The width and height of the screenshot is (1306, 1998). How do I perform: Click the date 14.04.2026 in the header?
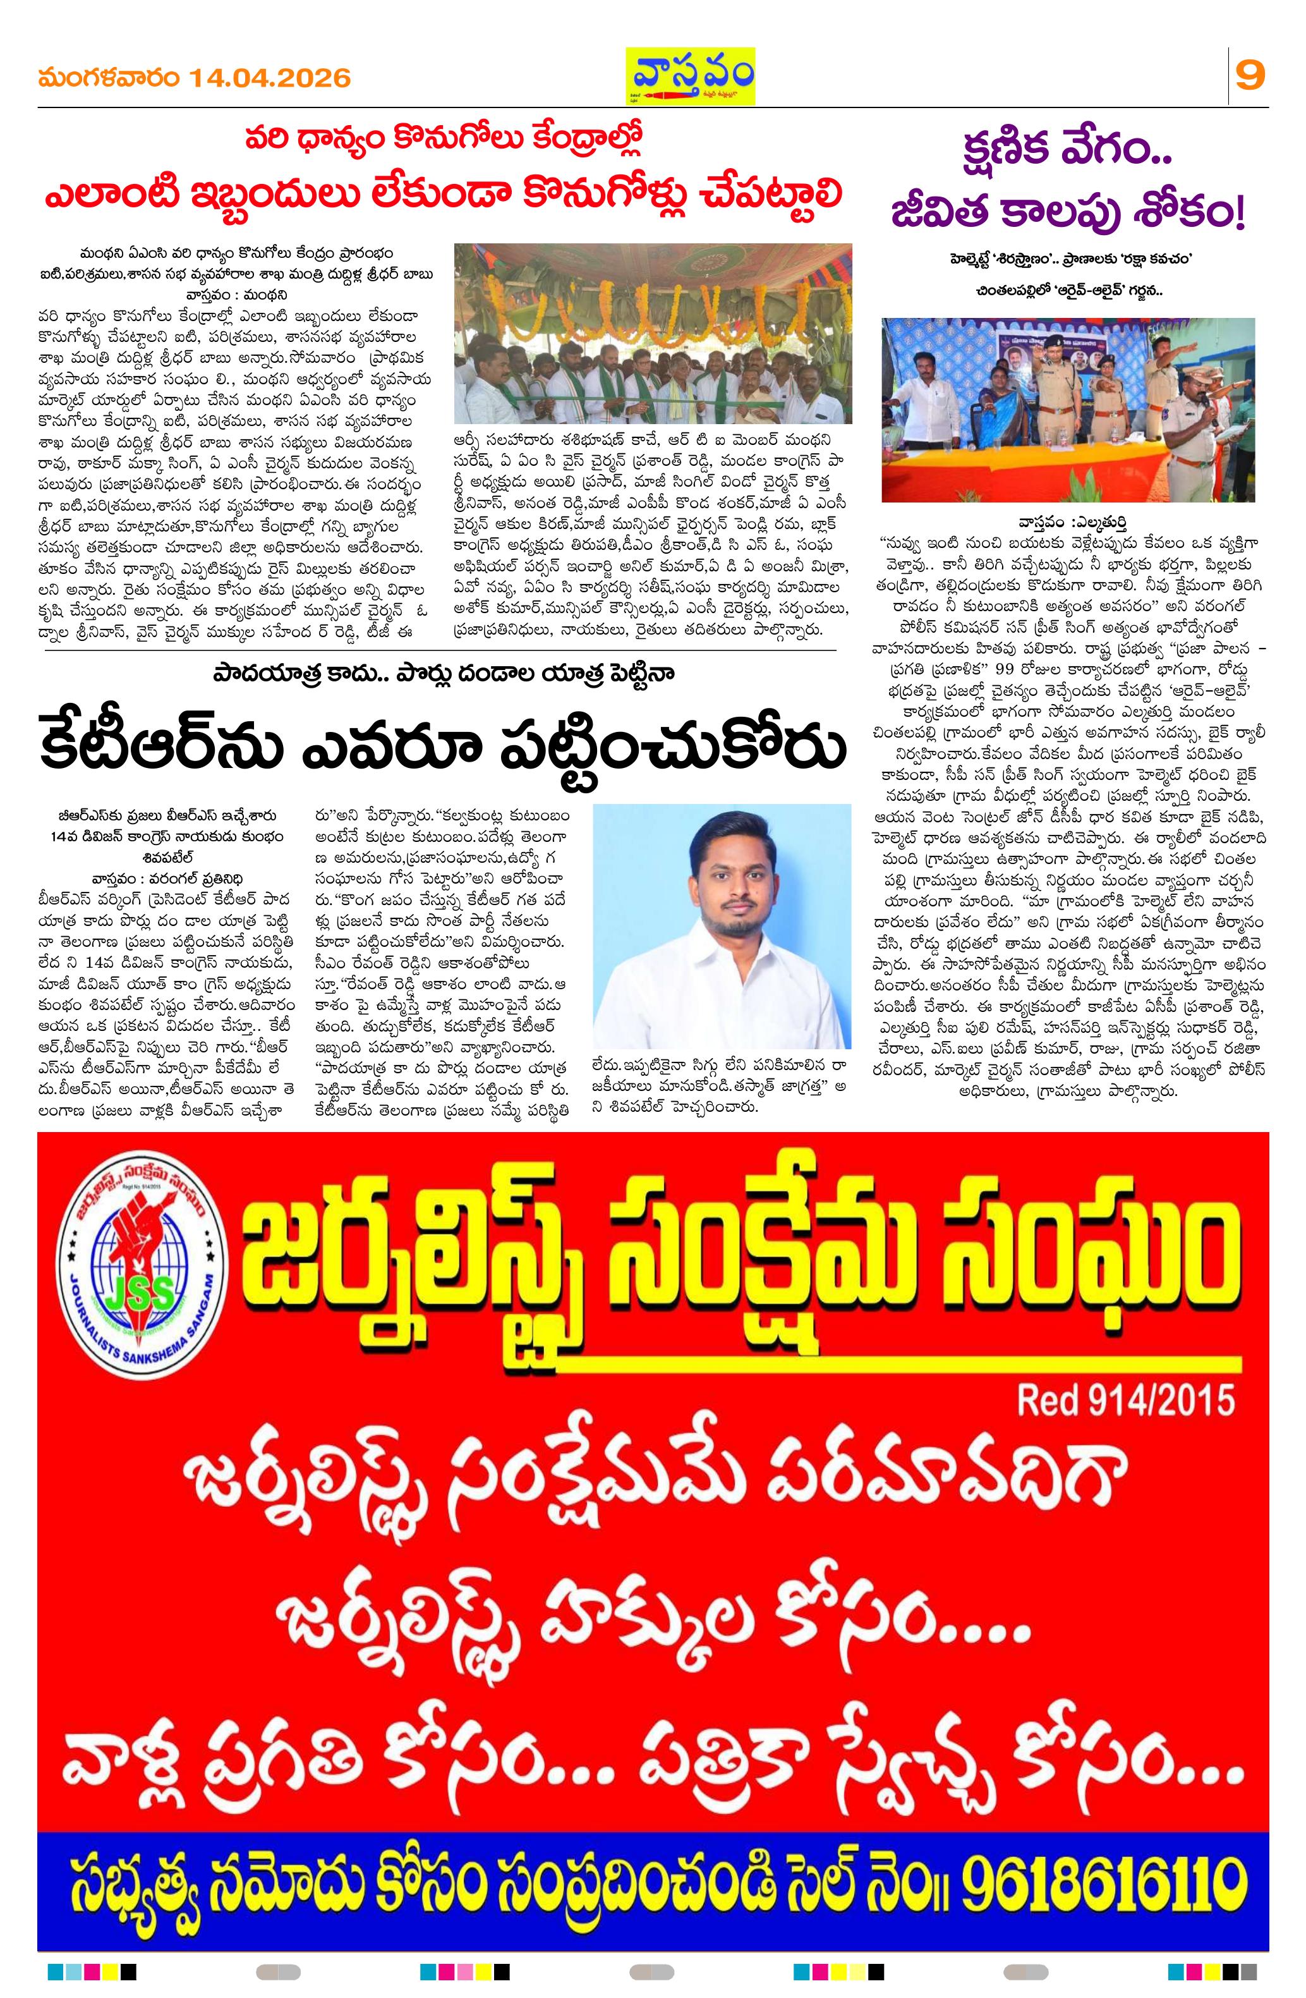(x=269, y=78)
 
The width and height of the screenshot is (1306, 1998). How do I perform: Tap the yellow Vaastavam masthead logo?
(x=692, y=76)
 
